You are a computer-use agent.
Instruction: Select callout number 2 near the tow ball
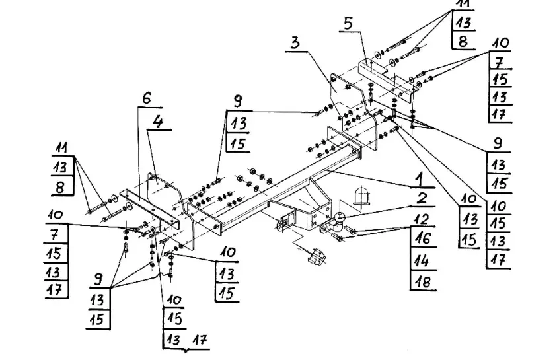(422, 197)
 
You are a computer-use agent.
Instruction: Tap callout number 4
(158, 121)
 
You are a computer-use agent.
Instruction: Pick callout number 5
(348, 24)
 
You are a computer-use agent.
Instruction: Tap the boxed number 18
(424, 283)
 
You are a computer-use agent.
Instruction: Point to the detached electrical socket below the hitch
(317, 256)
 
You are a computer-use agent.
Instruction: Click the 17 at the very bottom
(198, 341)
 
